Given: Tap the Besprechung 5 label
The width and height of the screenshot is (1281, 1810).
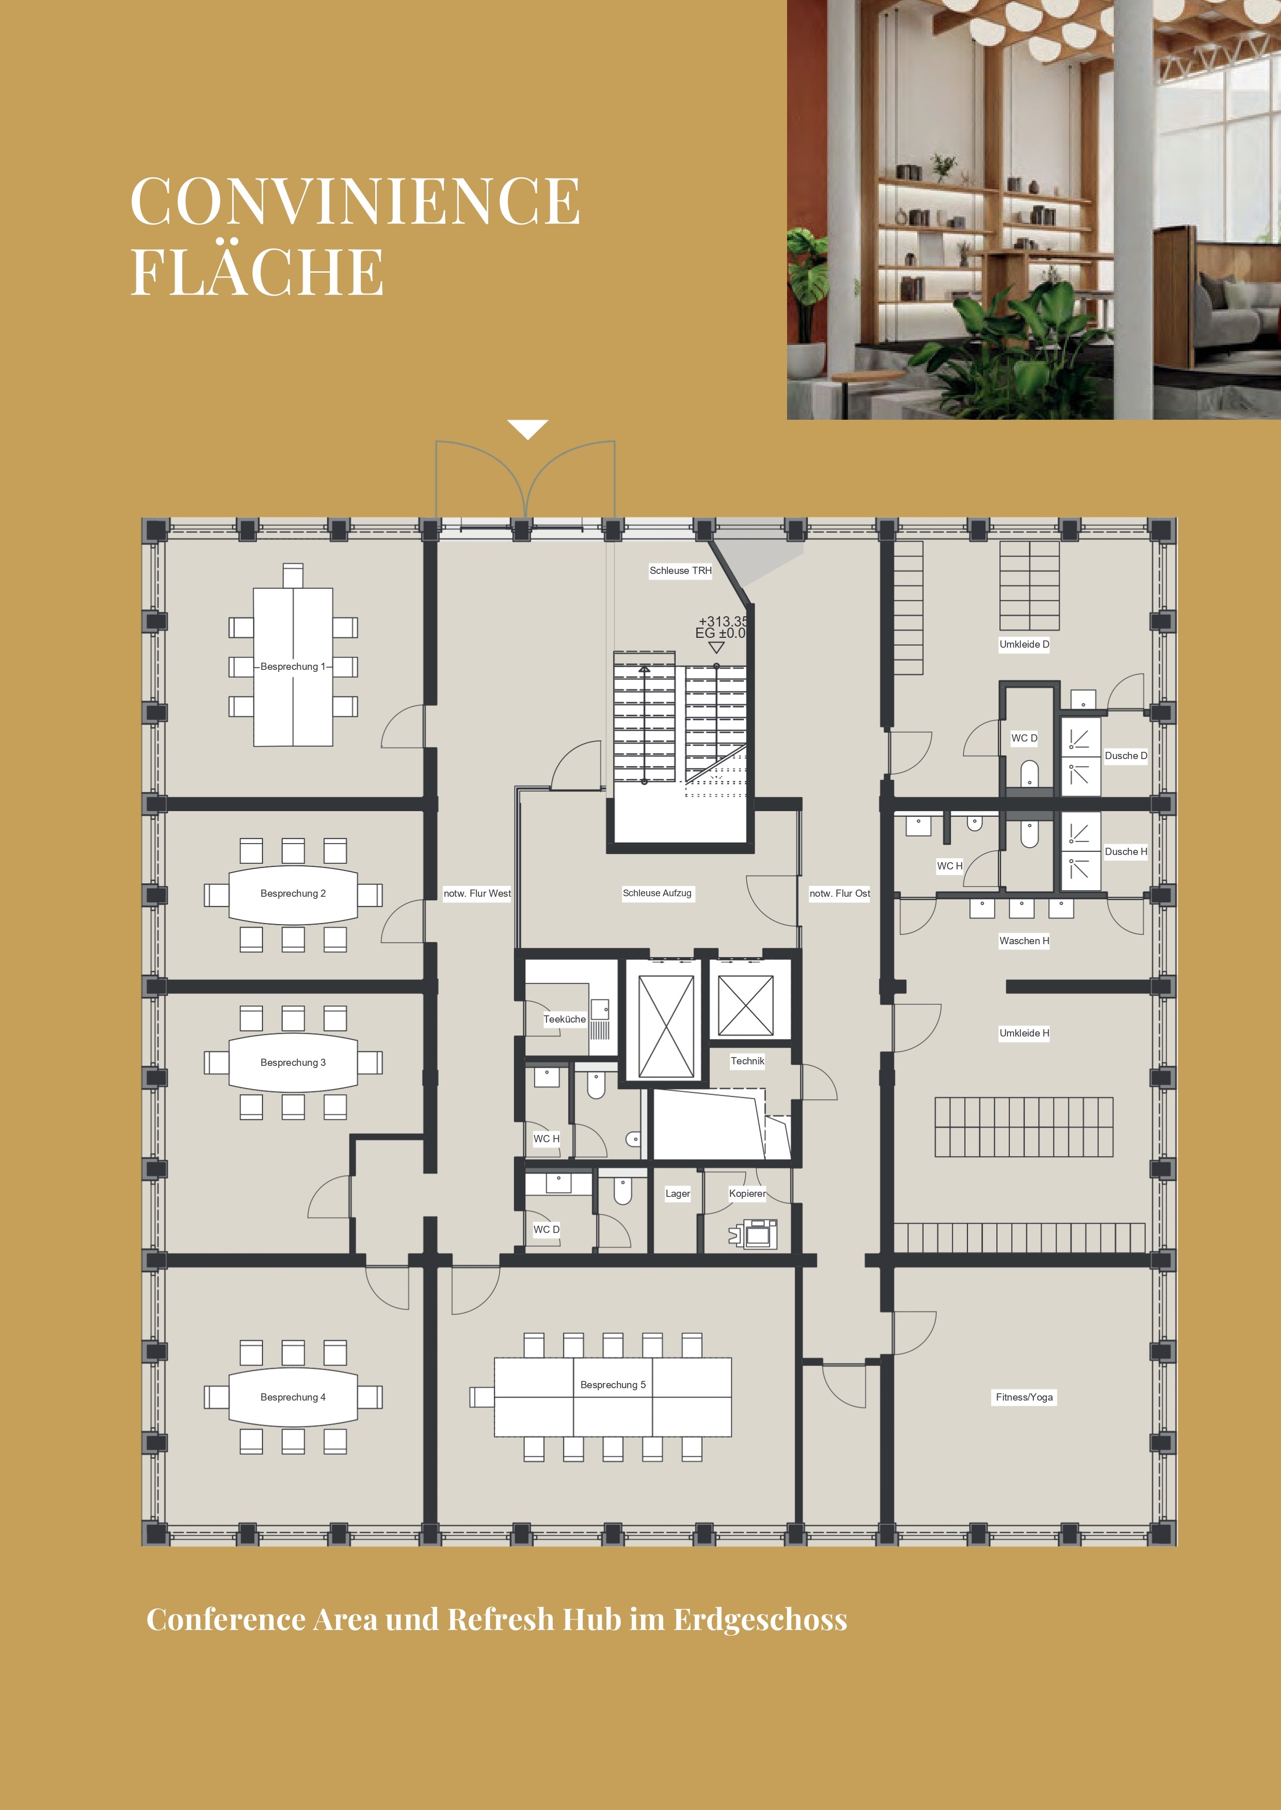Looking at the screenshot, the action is point(613,1384).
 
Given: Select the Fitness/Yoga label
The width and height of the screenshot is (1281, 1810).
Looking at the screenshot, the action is point(1024,1397).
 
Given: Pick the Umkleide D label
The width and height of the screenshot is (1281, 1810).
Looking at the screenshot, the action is point(1024,644).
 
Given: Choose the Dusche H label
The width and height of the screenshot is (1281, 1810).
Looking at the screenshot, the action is point(1126,851).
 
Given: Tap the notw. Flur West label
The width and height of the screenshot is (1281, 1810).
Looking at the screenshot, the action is point(477,893).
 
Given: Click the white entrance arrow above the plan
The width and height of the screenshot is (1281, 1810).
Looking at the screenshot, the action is point(527,430).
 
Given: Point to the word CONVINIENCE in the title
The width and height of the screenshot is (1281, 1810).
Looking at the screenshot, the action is point(355,201).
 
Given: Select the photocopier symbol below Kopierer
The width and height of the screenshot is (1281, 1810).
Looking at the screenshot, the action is point(754,1233).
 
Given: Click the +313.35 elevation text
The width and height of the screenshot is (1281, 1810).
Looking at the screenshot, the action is point(723,621).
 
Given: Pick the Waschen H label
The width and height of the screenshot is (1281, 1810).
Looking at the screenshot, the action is point(1024,941).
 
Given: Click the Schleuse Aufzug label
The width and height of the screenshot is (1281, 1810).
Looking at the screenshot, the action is point(657,893).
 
